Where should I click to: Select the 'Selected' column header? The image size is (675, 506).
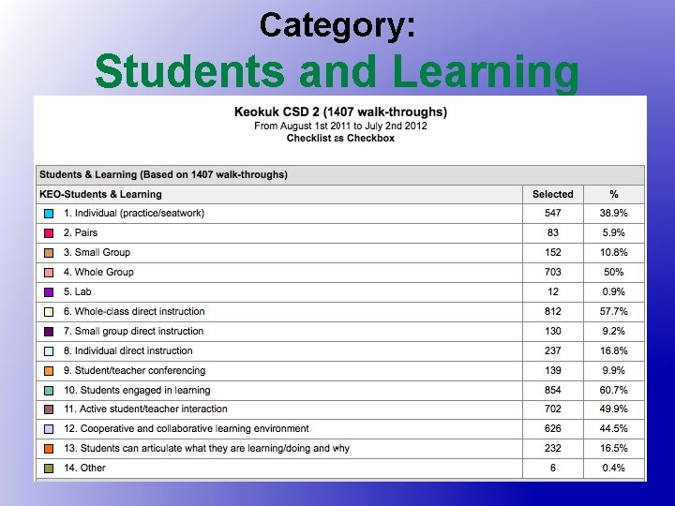552,194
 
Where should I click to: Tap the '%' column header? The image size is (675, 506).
614,194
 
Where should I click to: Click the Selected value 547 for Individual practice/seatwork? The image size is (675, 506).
552,214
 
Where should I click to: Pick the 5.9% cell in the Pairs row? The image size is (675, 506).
614,233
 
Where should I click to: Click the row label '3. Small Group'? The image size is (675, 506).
97,253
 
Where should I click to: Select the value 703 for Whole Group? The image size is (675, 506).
552,273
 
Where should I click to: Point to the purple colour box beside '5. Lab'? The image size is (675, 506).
49,292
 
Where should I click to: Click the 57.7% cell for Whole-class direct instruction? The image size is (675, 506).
614,312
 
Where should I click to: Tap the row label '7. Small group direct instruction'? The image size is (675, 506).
133,332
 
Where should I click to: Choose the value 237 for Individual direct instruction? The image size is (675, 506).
552,351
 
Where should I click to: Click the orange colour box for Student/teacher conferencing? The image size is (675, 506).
49,371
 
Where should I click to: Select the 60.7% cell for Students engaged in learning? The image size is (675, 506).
614,391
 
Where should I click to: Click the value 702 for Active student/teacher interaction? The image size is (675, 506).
552,409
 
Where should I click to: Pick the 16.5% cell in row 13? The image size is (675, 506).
614,449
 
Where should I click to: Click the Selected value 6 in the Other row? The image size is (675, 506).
552,469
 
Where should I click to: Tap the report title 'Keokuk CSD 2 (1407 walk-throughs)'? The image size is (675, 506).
340,112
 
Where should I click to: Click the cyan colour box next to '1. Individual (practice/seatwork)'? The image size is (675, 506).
49,214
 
